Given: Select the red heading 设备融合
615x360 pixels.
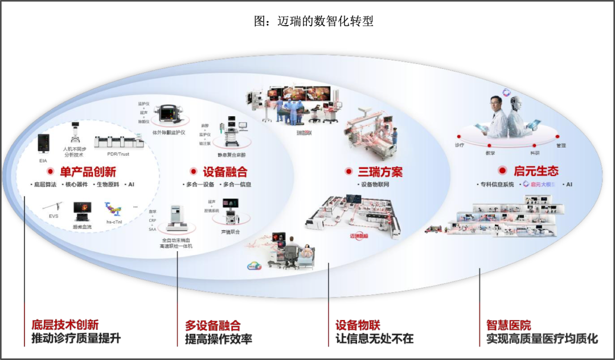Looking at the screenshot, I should pos(225,171).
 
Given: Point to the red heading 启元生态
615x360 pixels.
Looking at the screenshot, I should pos(536,170).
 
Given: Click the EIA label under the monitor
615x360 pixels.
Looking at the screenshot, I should pos(43,161).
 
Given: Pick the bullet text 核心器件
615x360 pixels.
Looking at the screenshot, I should pos(75,185).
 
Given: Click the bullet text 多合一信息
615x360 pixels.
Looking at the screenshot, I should pos(237,185).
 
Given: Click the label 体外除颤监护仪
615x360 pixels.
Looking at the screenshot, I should pos(169,132).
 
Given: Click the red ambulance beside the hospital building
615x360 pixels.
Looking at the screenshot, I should pos(433,229).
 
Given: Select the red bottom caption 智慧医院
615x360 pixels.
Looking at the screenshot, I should pos(509,325).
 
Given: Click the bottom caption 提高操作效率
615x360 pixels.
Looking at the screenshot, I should pos(218,339).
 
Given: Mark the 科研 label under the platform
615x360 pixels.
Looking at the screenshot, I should pos(535,153).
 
